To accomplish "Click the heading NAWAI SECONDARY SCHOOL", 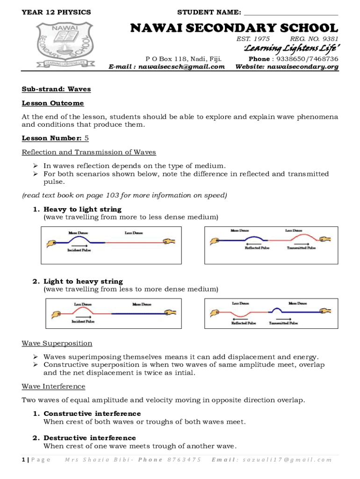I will [234, 28].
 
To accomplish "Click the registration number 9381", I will [330, 39].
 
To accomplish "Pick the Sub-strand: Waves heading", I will [56, 89].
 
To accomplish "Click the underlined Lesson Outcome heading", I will [53, 103].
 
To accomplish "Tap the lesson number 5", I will [86, 138].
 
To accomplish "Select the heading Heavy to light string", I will [82, 209].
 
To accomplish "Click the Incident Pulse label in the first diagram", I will [79, 250].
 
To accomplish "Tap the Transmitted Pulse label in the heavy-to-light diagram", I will [301, 248].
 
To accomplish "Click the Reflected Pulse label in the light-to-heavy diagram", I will [244, 323].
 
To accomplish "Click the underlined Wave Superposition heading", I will [57, 343].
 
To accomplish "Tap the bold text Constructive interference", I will [92, 414].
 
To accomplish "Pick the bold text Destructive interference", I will [90, 438].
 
